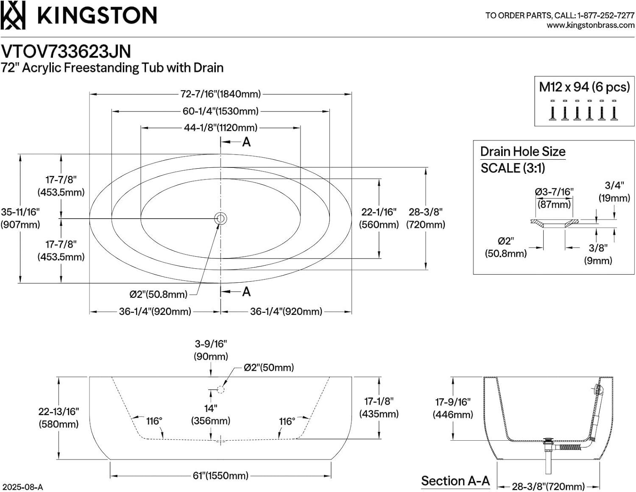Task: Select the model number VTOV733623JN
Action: (66, 52)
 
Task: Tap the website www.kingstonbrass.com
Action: (590, 25)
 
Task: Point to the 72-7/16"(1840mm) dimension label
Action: (220, 94)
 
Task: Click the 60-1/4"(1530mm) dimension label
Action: (220, 111)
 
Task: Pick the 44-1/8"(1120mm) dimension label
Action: (220, 127)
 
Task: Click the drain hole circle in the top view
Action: (220, 219)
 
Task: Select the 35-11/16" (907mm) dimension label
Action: (20, 218)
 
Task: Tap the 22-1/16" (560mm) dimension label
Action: (379, 218)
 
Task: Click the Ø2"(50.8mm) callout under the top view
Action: (159, 294)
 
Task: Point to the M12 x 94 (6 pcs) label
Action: (584, 87)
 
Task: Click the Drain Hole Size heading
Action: (523, 151)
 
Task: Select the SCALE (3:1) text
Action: (513, 168)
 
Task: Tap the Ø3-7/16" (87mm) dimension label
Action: (554, 198)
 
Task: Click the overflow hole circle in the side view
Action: (220, 389)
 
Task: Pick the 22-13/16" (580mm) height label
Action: (59, 417)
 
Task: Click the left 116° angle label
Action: (154, 421)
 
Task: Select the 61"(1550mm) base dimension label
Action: (220, 475)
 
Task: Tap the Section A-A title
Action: (455, 481)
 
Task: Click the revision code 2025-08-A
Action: (22, 487)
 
